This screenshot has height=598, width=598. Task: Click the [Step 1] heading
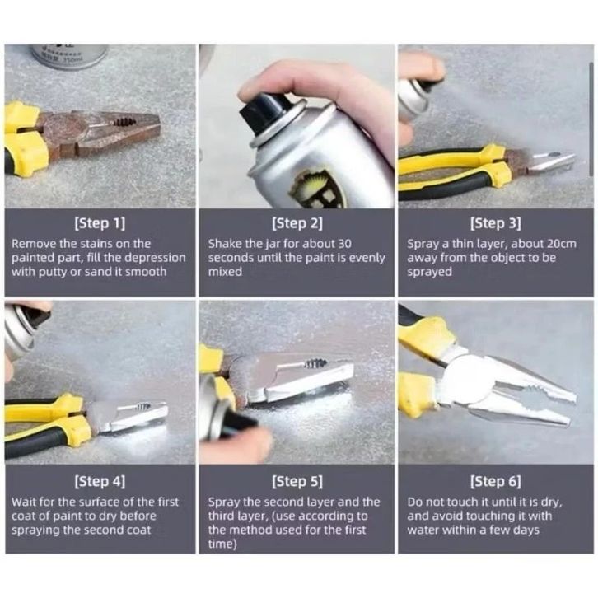click(x=100, y=223)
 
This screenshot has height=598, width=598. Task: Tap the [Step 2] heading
click(x=297, y=223)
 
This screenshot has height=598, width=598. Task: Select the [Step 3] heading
click(x=495, y=223)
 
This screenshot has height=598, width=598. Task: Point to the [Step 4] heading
click(x=100, y=482)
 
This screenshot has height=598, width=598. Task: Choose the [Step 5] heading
click(x=297, y=482)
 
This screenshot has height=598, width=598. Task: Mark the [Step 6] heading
click(x=495, y=482)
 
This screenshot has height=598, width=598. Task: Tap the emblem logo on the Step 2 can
click(x=316, y=189)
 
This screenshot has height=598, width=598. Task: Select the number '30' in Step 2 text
click(x=344, y=243)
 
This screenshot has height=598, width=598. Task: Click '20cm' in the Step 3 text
click(x=562, y=243)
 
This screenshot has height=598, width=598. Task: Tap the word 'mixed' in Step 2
click(x=225, y=272)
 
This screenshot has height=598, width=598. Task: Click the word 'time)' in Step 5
click(x=222, y=544)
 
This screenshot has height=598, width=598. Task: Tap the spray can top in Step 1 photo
click(x=68, y=56)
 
